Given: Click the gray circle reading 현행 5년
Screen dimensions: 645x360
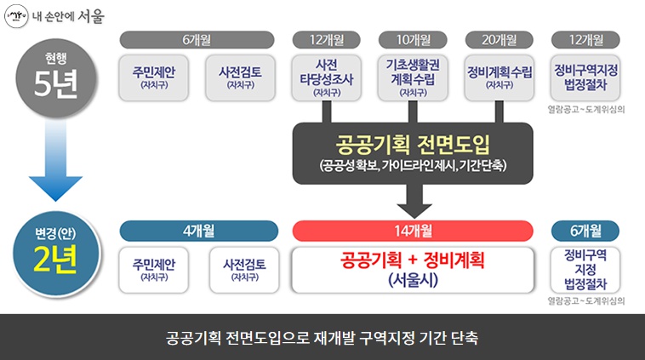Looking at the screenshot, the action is pyautogui.click(x=56, y=78).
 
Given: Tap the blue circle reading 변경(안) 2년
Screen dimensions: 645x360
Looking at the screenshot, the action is pyautogui.click(x=56, y=254).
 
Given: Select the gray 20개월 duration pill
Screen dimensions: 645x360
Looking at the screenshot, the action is pyautogui.click(x=499, y=40).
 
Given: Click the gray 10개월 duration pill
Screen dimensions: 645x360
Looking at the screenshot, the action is pyautogui.click(x=413, y=40).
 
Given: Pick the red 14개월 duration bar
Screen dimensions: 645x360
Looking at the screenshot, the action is pyautogui.click(x=413, y=231).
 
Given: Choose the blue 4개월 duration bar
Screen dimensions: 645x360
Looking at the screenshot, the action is pyautogui.click(x=198, y=231).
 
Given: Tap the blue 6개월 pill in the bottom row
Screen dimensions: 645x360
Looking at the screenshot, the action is pyautogui.click(x=585, y=231).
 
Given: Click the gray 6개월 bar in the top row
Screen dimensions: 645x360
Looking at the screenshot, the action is pyautogui.click(x=197, y=40).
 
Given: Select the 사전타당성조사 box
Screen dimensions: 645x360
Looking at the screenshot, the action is pyautogui.click(x=326, y=78).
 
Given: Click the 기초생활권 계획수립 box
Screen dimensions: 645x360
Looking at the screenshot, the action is pyautogui.click(x=413, y=78).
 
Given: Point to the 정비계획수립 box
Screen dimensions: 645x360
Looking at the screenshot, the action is pyautogui.click(x=499, y=78).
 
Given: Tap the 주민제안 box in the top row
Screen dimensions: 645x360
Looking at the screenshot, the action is pyautogui.click(x=154, y=78).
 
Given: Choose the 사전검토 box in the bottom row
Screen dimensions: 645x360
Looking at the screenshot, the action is pyautogui.click(x=244, y=270).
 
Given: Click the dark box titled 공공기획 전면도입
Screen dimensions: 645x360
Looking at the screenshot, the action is pyautogui.click(x=413, y=153).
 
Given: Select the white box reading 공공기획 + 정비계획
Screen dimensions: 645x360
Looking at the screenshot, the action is pyautogui.click(x=413, y=270).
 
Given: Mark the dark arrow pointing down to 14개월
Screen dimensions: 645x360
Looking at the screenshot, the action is pyautogui.click(x=414, y=201).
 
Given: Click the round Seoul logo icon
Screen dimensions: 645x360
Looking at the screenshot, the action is pyautogui.click(x=16, y=16).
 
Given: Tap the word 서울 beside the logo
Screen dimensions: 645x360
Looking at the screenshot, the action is pyautogui.click(x=91, y=16).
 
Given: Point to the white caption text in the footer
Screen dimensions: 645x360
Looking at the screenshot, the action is pyautogui.click(x=322, y=338).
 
